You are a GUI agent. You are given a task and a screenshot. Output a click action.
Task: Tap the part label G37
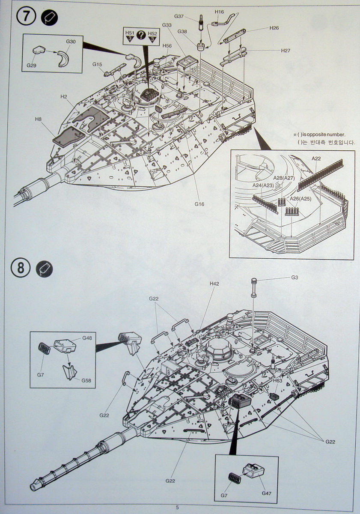(179, 16)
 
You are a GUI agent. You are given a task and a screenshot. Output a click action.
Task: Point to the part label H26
(274, 28)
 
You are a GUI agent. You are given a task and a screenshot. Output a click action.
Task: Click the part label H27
(286, 50)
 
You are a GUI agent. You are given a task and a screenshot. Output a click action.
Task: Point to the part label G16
(199, 204)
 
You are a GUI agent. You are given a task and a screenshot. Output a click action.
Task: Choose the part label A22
(316, 158)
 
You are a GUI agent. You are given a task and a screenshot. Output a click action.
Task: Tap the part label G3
(295, 278)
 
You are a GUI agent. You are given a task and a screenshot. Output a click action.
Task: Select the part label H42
(214, 284)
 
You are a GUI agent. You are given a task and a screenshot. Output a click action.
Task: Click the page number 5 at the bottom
(177, 507)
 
